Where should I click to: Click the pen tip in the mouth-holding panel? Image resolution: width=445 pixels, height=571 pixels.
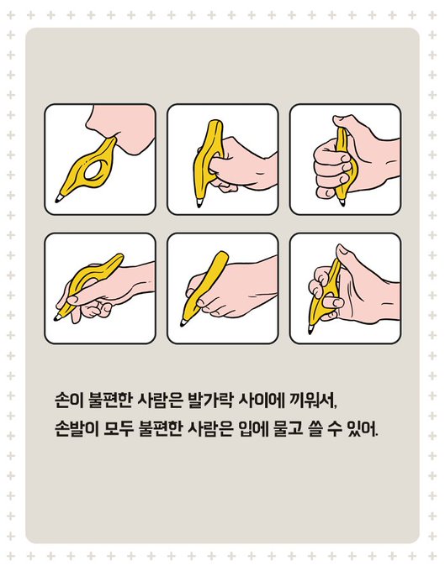58,198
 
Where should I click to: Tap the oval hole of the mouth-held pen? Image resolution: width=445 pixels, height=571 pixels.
94,170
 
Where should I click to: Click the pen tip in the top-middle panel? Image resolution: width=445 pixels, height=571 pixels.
199,203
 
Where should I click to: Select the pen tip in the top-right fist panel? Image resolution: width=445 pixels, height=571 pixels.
342,202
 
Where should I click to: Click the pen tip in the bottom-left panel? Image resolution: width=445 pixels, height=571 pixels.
58,317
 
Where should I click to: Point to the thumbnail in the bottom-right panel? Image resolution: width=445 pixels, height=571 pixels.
342,249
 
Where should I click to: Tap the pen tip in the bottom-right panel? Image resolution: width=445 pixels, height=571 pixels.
310,329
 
